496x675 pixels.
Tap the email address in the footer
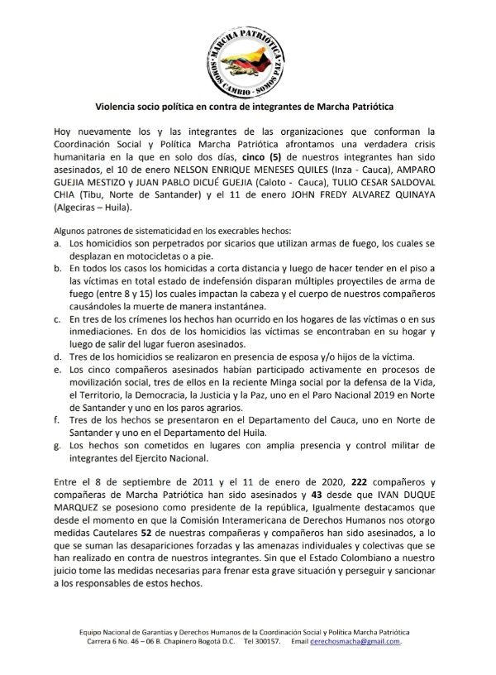tap(360, 641)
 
